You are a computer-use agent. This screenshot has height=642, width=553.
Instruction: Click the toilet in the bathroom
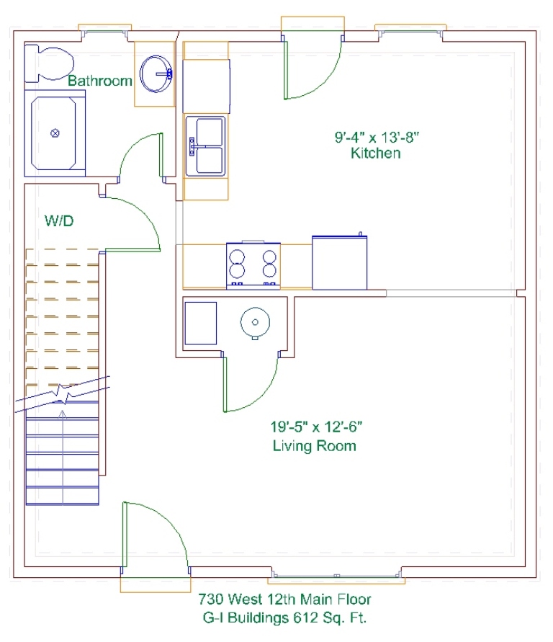[x=49, y=63]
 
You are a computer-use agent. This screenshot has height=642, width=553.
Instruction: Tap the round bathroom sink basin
[x=156, y=74]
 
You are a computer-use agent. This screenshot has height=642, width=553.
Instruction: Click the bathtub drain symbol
[x=55, y=133]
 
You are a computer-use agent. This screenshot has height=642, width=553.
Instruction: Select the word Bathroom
[x=100, y=81]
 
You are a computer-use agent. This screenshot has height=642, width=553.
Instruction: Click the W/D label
[x=59, y=221]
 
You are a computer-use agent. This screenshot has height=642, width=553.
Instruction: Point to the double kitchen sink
[x=205, y=146]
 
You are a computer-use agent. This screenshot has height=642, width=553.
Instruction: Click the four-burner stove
[x=253, y=266]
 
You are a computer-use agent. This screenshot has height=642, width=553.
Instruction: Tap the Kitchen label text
[x=375, y=153]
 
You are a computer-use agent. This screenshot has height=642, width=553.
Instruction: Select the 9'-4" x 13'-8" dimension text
[x=377, y=137]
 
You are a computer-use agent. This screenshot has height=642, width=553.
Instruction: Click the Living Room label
[x=314, y=445]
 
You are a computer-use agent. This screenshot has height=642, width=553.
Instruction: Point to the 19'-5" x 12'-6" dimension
[x=316, y=427]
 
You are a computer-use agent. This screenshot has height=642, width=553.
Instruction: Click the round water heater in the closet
[x=255, y=323]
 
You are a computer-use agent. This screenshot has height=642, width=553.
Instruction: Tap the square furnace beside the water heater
[x=200, y=323]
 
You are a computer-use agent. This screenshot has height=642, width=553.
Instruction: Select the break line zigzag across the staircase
[x=63, y=394]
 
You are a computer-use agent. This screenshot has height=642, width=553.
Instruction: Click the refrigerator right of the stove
[x=339, y=262]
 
